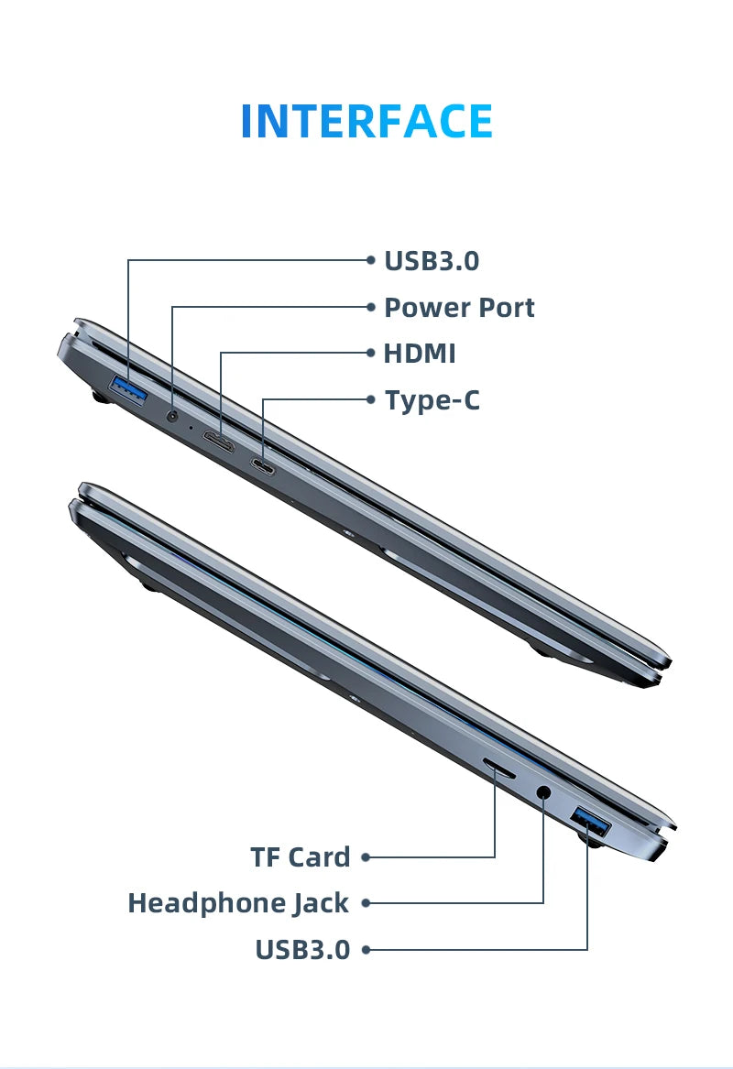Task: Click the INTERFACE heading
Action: pyautogui.click(x=366, y=122)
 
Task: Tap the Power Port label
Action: pyautogui.click(x=458, y=308)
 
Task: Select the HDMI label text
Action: pyautogui.click(x=420, y=354)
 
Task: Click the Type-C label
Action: pyautogui.click(x=432, y=400)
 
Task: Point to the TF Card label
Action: pyautogui.click(x=301, y=857)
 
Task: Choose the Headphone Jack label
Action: pyautogui.click(x=238, y=903)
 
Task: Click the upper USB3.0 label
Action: pyautogui.click(x=432, y=261)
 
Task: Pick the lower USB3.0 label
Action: pyautogui.click(x=302, y=950)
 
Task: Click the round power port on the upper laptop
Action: pyautogui.click(x=172, y=417)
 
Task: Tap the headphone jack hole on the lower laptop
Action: pyautogui.click(x=544, y=792)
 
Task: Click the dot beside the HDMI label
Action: pyautogui.click(x=371, y=354)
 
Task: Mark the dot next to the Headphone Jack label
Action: pyautogui.click(x=366, y=903)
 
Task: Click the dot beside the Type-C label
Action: pyautogui.click(x=371, y=399)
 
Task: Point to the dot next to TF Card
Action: pyautogui.click(x=366, y=857)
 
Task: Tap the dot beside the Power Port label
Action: pyautogui.click(x=371, y=307)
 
